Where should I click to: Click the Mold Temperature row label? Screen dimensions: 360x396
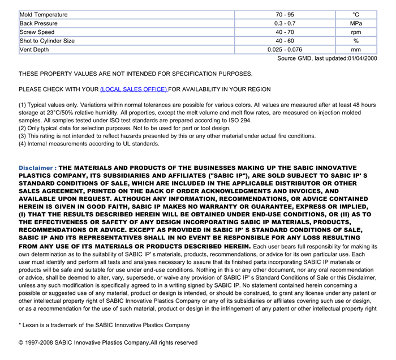tap(44, 15)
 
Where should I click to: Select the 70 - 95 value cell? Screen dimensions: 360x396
tap(285, 15)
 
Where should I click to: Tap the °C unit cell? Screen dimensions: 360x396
tap(356, 15)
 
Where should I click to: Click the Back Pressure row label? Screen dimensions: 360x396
tap(40, 23)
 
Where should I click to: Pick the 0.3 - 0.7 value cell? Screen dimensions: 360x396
tap(285, 23)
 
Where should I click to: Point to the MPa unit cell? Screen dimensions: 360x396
tap(356, 23)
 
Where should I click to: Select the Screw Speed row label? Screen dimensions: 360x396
tap(37, 32)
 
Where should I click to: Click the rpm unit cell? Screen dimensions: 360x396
tap(356, 32)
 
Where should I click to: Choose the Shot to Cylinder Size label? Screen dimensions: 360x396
tap(47, 41)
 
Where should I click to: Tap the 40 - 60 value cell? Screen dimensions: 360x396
tap(285, 41)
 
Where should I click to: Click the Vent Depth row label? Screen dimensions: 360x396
tap(35, 50)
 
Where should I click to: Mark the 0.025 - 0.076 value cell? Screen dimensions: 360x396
tap(285, 50)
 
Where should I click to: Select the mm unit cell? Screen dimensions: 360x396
tap(356, 50)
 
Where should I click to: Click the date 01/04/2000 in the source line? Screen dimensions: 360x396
tap(363, 58)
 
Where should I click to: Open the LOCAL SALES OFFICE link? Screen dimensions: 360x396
tap(134, 89)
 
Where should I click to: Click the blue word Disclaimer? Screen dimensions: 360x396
tap(37, 168)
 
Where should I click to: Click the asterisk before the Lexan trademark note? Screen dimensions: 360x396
tap(20, 325)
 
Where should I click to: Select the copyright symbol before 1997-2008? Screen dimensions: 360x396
tap(21, 342)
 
